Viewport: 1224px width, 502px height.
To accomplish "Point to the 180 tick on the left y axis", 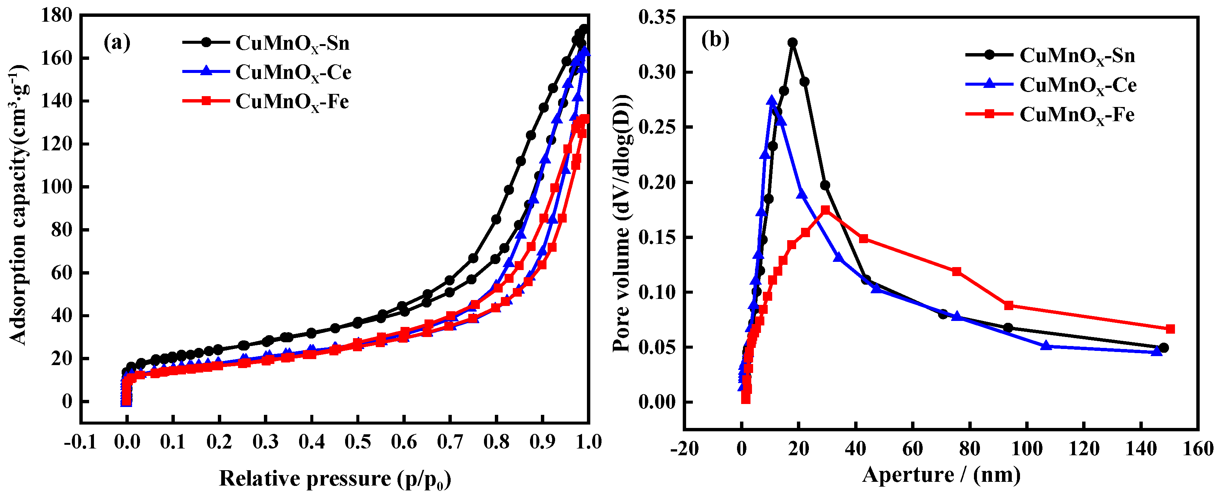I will (57, 15).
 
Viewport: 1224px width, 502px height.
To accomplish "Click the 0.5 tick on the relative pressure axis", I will (357, 442).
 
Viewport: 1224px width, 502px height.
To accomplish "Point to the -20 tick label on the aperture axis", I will (684, 449).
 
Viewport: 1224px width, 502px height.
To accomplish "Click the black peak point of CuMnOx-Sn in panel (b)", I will (792, 43).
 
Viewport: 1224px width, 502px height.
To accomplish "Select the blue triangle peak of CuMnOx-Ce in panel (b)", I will (772, 101).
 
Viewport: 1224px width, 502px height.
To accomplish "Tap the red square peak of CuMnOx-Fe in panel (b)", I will (825, 210).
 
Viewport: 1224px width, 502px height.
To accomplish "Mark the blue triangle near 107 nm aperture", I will (1045, 346).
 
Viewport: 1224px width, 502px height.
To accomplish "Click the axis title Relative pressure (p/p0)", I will (335, 479).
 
